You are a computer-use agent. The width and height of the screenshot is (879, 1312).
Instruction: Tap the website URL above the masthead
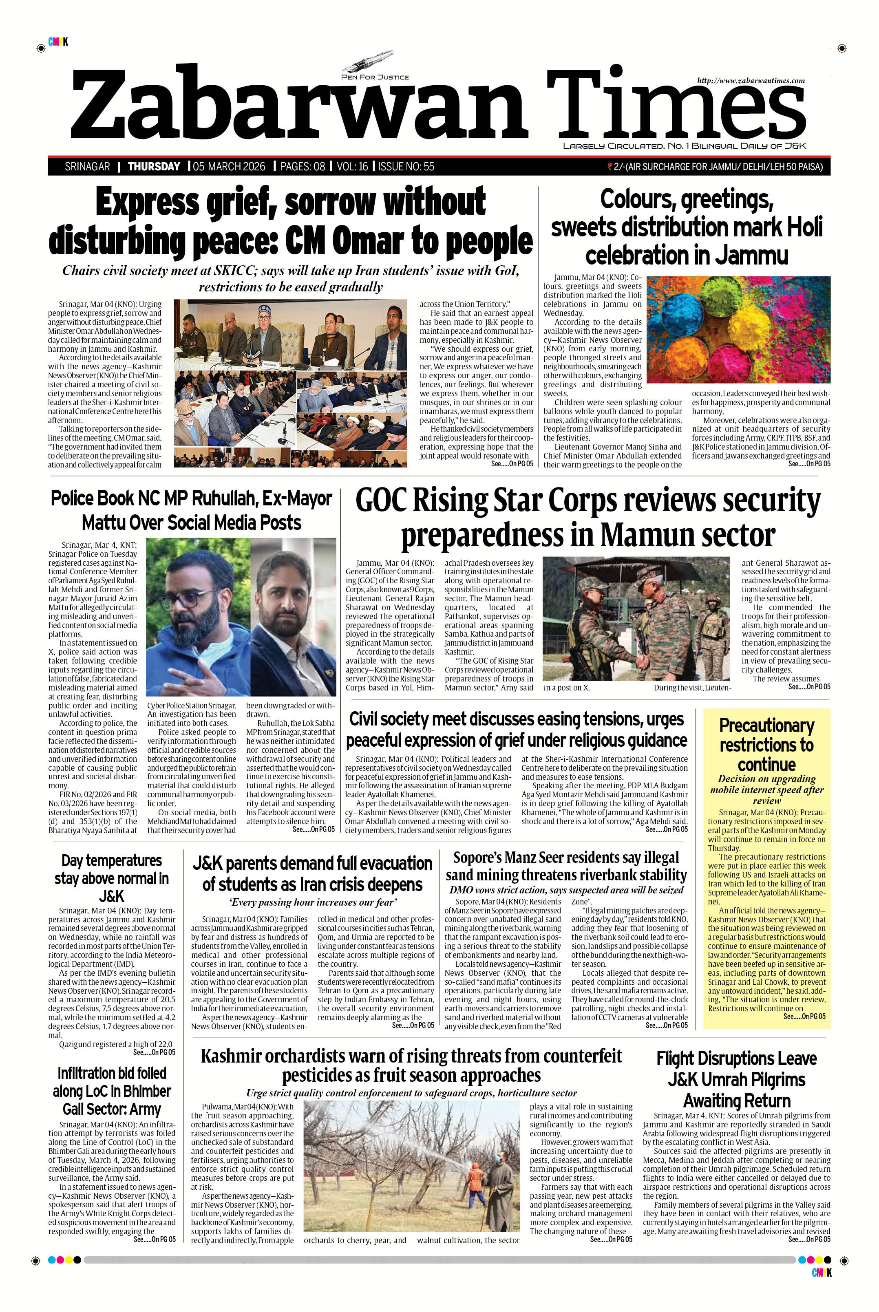coord(751,81)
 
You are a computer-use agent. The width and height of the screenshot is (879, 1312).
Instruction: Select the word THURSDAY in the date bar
coord(154,166)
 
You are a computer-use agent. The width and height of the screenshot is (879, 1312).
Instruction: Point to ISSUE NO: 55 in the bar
coord(406,166)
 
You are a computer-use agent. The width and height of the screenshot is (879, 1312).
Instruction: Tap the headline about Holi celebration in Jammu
coord(686,227)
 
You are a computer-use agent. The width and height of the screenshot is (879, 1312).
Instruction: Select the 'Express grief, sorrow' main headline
coord(290,221)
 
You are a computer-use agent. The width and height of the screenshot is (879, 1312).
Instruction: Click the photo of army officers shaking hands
coord(636,618)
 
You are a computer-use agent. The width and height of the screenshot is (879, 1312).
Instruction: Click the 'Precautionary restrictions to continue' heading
coord(766,745)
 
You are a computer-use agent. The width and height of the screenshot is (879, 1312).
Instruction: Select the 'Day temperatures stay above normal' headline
coord(112,878)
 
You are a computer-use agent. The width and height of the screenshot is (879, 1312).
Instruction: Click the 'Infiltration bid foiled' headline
coord(112,1091)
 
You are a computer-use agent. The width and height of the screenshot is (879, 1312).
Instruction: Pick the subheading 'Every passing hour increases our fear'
coord(312,902)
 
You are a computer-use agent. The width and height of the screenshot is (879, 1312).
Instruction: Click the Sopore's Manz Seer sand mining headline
coord(565,866)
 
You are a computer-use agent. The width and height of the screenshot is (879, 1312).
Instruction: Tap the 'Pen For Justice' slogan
coord(375,77)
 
